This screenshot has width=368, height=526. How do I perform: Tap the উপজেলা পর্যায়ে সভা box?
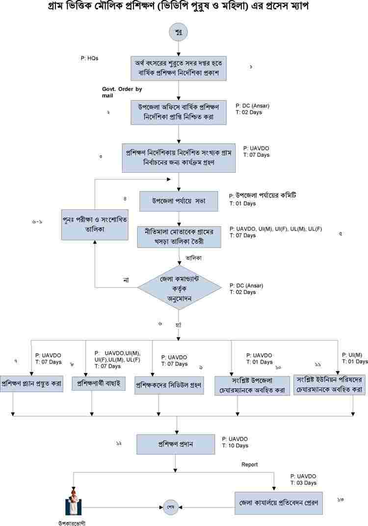click(179, 201)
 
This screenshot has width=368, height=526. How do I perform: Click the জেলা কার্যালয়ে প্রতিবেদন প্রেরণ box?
click(279, 503)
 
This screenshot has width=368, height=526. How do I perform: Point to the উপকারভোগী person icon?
click(72, 502)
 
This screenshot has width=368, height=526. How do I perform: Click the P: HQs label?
click(90, 58)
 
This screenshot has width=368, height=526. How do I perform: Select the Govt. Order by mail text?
click(121, 92)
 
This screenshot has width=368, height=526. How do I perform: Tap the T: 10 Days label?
click(235, 446)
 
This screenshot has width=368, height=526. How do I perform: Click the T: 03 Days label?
click(303, 483)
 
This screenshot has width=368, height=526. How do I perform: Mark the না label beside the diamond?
click(126, 280)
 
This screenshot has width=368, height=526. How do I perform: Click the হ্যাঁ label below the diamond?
click(179, 324)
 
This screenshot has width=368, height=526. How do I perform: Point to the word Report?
click(249, 464)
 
